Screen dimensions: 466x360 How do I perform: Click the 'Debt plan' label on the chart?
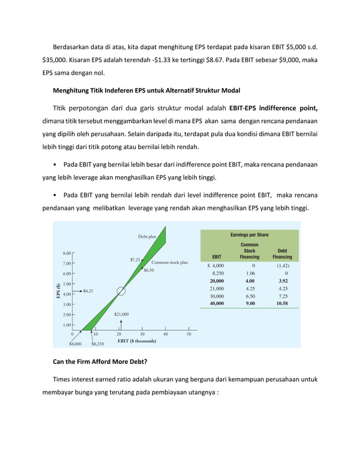(x=147, y=236)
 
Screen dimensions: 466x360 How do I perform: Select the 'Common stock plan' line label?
(x=169, y=262)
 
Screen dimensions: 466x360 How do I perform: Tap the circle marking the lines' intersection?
(x=121, y=291)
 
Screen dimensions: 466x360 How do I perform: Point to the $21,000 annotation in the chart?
(x=121, y=314)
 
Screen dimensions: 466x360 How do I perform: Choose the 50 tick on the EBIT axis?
(x=188, y=333)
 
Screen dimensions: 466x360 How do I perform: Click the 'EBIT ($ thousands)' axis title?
(x=137, y=341)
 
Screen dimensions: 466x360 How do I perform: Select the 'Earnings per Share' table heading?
(x=249, y=235)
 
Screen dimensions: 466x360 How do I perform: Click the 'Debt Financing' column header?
(x=282, y=254)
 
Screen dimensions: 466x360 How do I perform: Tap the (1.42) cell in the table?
(x=282, y=265)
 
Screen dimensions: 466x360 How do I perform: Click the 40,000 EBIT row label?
(x=216, y=303)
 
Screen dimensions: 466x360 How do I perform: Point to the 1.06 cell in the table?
(x=249, y=273)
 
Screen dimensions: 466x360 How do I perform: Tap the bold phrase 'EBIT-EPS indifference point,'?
(x=273, y=108)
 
